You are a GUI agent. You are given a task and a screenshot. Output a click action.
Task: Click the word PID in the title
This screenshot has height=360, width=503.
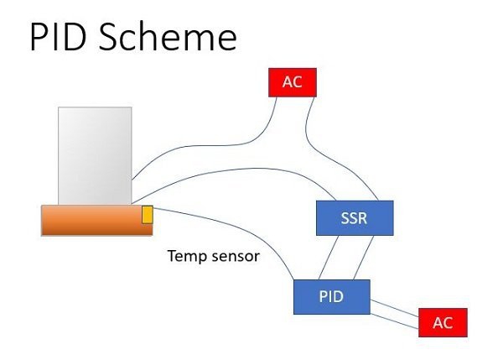pos(58,37)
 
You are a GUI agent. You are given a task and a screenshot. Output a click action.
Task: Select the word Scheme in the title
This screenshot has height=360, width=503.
pos(168,37)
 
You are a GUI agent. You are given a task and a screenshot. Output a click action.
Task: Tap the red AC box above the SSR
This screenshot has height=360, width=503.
pos(293,82)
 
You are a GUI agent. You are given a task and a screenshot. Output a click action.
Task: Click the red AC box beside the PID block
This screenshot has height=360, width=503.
pos(443,322)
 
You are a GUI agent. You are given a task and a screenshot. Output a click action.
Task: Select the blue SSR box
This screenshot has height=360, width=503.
pos(355,218)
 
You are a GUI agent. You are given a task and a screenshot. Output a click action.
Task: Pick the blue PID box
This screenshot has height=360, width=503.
pos(332,297)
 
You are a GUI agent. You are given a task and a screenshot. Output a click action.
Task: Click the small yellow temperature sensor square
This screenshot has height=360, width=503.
pos(148,215)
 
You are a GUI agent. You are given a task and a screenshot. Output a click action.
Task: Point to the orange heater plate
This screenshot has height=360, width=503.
pos(97,221)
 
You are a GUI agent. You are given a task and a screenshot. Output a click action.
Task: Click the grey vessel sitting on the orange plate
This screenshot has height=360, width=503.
pos(95,156)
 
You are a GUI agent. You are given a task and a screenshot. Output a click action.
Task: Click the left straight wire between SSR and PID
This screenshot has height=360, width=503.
pos(329,258)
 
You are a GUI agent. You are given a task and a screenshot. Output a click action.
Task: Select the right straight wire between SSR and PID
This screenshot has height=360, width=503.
pos(364,258)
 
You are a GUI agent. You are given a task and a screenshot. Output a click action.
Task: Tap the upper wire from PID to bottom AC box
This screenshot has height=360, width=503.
pos(395,308)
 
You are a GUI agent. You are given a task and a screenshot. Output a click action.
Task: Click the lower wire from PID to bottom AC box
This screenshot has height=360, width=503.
pos(395,321)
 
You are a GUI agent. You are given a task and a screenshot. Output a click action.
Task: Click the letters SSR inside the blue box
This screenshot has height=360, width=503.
pos(354,218)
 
